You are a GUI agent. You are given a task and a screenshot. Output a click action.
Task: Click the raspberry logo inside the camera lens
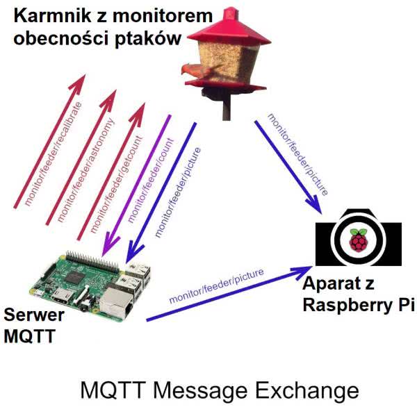coord(359,240)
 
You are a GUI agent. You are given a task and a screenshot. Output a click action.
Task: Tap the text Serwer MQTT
coord(34,326)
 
